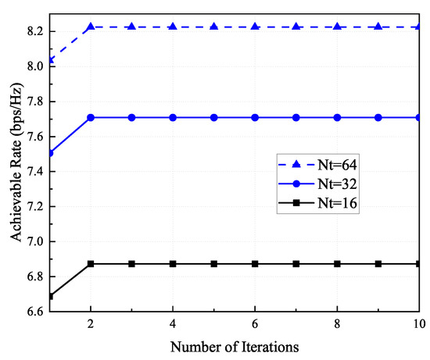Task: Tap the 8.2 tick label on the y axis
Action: click(34, 31)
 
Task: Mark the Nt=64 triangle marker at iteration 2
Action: click(91, 27)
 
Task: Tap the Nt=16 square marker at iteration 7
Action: click(296, 264)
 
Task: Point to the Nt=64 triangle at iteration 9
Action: click(378, 27)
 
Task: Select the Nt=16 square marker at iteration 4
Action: click(173, 264)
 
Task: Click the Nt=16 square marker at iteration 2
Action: click(91, 264)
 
